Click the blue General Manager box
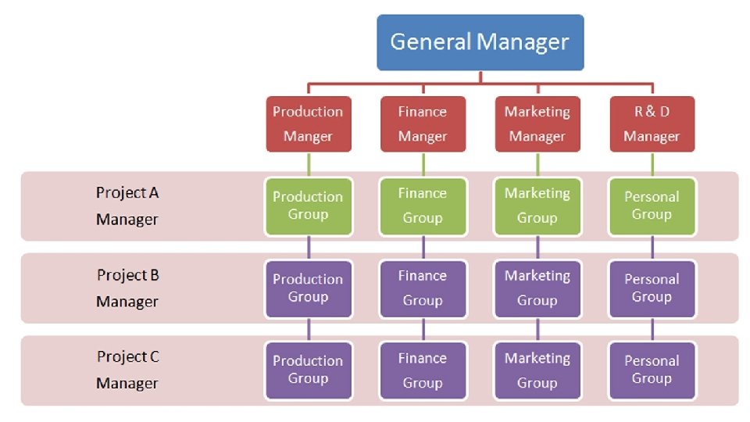pyautogui.click(x=480, y=42)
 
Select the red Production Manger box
pyautogui.click(x=308, y=123)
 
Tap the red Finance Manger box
pyautogui.click(x=423, y=123)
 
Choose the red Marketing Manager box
pyautogui.click(x=537, y=123)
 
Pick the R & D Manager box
pyautogui.click(x=652, y=123)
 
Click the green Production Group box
pyautogui.click(x=308, y=206)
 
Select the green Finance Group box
pyautogui.click(x=423, y=206)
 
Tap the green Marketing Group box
pyautogui.click(x=537, y=206)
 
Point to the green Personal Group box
pyautogui.click(x=652, y=206)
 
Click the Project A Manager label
pyautogui.click(x=127, y=206)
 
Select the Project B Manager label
pyautogui.click(x=127, y=288)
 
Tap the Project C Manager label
pyautogui.click(x=127, y=370)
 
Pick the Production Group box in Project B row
pyautogui.click(x=308, y=288)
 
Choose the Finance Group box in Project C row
pyautogui.click(x=423, y=370)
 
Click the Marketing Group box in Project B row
pyautogui.click(x=537, y=288)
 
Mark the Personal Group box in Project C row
pyautogui.click(x=652, y=370)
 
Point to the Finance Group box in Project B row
pyautogui.click(x=423, y=288)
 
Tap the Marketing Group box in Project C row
pyautogui.click(x=537, y=370)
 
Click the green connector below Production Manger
pyautogui.click(x=309, y=164)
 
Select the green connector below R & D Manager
pyautogui.click(x=652, y=164)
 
